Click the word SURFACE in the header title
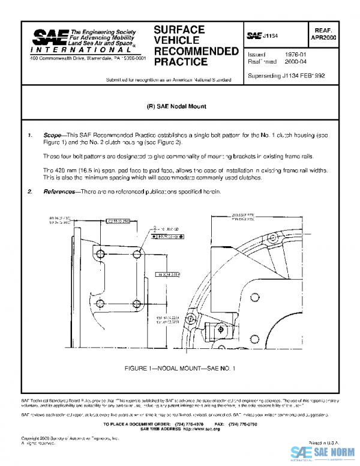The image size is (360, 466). (179, 29)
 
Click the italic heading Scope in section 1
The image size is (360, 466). (52, 136)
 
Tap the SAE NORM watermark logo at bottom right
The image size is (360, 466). (324, 452)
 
